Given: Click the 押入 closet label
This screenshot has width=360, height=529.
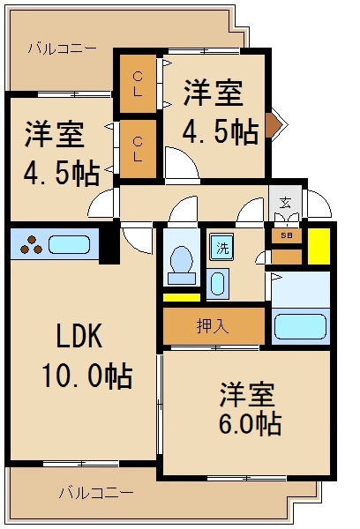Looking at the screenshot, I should point(213,326).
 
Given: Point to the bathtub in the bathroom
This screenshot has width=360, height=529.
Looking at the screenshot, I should point(300,325).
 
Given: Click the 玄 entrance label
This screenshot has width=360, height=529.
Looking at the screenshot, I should point(286,203).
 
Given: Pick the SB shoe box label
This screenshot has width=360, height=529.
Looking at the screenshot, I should point(286,235).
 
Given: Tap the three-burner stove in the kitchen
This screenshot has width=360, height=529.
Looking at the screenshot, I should point(28,244).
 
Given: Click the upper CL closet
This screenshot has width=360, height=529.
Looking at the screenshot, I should point(138,86).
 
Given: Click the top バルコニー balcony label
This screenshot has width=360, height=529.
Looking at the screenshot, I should point(62,48).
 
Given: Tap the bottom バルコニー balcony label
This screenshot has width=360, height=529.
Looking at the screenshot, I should point(98,491).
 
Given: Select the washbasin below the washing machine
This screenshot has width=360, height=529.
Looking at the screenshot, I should point(217,286).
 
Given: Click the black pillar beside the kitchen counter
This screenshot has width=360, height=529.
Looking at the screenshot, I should point(108,244).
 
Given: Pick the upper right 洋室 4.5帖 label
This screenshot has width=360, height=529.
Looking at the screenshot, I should point(218,113).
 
